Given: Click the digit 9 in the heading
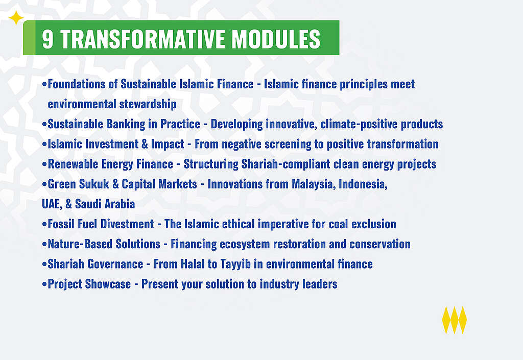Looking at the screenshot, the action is [47, 39].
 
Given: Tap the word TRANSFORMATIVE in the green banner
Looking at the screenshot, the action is [142, 39].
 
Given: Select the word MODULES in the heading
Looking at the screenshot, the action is [276, 39].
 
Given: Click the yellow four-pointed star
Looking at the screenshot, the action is [16, 18].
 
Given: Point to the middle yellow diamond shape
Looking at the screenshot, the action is [454, 320].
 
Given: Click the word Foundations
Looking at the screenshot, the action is [77, 84].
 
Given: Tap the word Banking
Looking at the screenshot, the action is [126, 124].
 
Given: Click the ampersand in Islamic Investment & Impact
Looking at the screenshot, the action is [145, 144].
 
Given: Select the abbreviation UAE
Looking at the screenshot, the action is [52, 204].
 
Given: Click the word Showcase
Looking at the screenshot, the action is [108, 284].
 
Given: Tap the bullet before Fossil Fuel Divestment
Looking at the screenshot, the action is [44, 224].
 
